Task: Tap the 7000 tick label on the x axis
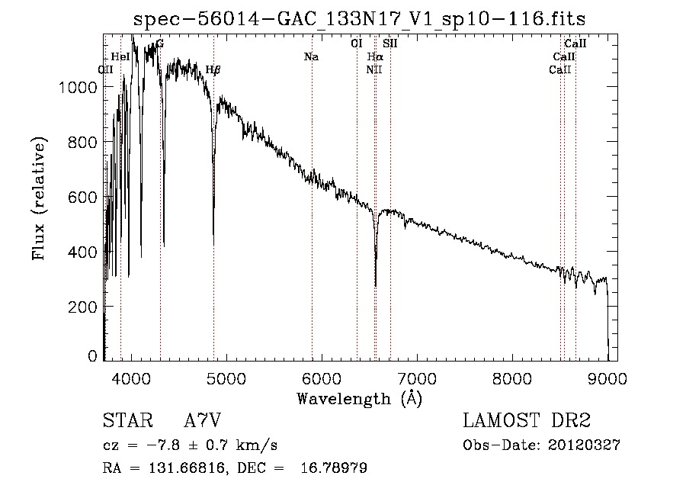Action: (x=417, y=378)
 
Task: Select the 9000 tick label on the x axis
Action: (x=607, y=378)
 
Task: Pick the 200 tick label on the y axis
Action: (x=85, y=307)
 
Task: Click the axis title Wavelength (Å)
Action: (x=359, y=398)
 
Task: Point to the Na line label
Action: (x=311, y=57)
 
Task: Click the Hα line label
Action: (x=375, y=57)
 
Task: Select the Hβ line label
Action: (x=213, y=69)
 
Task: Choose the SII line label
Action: (x=390, y=44)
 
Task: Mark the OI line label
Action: (x=356, y=44)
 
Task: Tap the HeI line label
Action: (x=120, y=57)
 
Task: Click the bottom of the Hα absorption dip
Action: (x=375, y=285)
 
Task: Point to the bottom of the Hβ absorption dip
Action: (x=213, y=244)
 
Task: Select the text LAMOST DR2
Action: (x=527, y=421)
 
